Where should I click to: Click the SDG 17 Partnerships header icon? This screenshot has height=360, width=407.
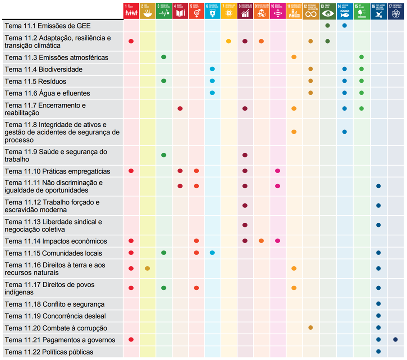click(396, 11)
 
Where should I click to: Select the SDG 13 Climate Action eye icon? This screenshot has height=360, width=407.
click(328, 11)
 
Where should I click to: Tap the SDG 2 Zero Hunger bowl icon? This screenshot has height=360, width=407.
click(147, 11)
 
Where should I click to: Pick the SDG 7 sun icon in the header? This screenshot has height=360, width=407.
click(229, 11)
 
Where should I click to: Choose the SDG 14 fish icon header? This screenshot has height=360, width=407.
click(345, 11)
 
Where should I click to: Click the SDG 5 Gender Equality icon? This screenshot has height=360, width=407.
click(197, 11)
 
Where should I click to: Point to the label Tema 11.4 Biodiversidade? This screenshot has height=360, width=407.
click(43, 69)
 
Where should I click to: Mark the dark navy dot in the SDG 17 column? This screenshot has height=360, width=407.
click(395, 340)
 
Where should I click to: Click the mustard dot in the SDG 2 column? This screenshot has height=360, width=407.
click(147, 269)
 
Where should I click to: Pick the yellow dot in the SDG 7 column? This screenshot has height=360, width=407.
click(229, 41)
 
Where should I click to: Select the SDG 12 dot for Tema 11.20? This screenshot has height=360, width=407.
click(311, 328)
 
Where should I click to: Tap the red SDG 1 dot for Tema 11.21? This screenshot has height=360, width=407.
click(131, 340)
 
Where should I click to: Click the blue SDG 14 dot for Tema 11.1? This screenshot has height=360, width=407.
click(345, 25)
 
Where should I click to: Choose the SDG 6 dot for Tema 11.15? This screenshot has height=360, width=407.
click(212, 253)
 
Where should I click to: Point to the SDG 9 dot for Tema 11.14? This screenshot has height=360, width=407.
click(261, 241)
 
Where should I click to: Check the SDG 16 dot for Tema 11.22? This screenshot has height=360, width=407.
click(379, 352)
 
